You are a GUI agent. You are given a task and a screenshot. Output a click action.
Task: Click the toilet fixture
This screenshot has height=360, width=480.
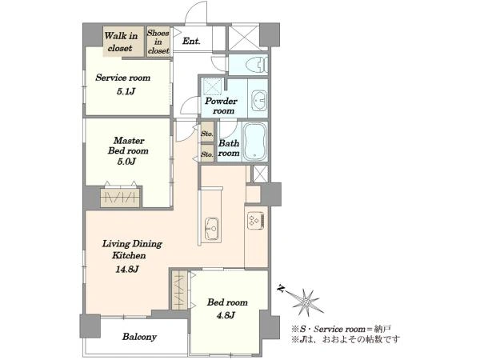point(257,64)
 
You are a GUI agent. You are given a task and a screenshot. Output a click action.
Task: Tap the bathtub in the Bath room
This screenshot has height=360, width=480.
point(255,142)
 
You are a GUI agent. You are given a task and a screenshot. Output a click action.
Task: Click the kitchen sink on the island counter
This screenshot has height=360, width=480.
point(212,229)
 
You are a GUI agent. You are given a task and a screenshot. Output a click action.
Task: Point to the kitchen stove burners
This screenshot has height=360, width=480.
point(256,219)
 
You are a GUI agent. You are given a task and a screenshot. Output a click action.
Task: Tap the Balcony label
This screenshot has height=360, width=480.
point(139,337)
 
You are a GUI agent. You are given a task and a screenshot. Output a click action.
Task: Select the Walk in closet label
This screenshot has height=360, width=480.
point(121,42)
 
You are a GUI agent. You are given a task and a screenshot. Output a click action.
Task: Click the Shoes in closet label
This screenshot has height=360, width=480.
point(158,42)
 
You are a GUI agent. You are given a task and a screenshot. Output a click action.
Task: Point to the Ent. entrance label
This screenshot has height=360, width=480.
point(191,41)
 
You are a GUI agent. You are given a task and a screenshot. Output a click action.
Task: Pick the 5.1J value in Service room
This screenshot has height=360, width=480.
point(126,91)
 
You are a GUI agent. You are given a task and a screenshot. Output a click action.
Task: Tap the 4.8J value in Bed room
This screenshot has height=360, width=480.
point(226,315)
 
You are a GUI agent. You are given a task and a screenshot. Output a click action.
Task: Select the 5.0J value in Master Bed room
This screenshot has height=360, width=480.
point(126,162)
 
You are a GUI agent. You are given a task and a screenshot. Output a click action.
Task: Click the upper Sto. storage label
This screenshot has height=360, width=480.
point(207,134)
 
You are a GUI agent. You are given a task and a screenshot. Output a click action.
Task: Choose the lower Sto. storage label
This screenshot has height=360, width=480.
point(207,154)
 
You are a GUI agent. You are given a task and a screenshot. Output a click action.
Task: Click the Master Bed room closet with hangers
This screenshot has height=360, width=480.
point(120,197)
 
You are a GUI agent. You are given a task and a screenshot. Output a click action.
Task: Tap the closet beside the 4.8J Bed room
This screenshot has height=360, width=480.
point(180,290)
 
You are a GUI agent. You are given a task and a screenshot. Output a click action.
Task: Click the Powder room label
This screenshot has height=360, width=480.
point(221,106)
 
